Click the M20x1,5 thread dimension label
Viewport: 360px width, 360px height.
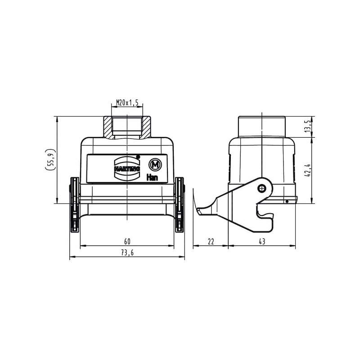point(127,103)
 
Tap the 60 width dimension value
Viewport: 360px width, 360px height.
point(127,241)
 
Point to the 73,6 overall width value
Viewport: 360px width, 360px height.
point(127,252)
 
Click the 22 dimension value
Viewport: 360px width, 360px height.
point(211,241)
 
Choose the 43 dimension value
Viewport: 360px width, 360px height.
point(262,241)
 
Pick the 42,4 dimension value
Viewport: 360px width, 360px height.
point(308,170)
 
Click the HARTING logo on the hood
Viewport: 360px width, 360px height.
point(127,168)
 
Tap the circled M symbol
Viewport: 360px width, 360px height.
point(155,165)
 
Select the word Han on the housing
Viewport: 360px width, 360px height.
point(152,177)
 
